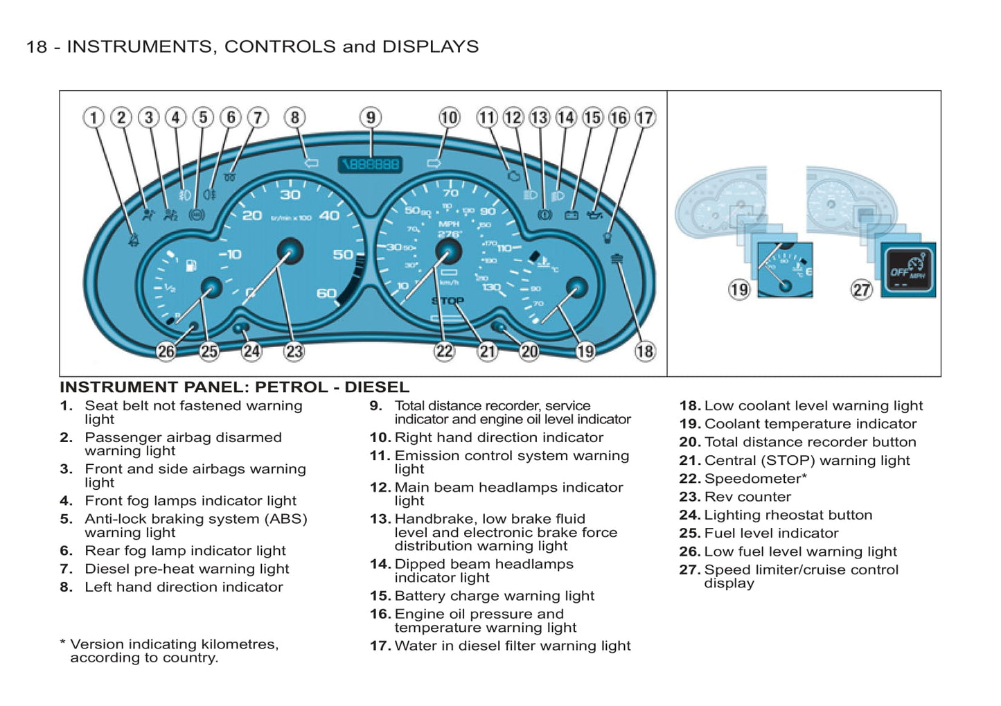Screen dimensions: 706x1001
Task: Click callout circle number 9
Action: click(x=371, y=117)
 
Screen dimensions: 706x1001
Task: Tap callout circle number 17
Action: click(x=645, y=118)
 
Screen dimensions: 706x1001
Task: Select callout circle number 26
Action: click(x=166, y=351)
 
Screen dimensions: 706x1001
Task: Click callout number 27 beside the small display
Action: click(x=862, y=290)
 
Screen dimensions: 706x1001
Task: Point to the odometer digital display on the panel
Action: click(x=371, y=164)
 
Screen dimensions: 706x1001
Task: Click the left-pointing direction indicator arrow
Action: click(x=311, y=163)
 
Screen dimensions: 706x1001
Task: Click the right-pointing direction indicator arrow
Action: click(x=434, y=164)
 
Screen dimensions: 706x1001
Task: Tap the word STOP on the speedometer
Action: click(x=448, y=301)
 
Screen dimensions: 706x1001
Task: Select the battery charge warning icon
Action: click(x=572, y=215)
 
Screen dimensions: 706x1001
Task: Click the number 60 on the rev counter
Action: click(x=326, y=293)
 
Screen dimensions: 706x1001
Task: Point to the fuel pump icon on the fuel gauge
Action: click(x=191, y=266)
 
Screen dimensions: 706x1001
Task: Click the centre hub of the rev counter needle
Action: click(x=290, y=251)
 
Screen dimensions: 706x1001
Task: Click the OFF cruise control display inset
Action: click(x=908, y=270)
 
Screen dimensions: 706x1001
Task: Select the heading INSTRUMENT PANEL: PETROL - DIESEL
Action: click(x=234, y=387)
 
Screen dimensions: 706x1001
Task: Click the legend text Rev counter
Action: click(x=747, y=497)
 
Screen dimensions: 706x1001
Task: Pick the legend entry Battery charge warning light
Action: click(x=494, y=596)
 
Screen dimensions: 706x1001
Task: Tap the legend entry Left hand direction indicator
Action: click(x=184, y=587)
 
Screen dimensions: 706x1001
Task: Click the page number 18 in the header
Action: click(x=36, y=46)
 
